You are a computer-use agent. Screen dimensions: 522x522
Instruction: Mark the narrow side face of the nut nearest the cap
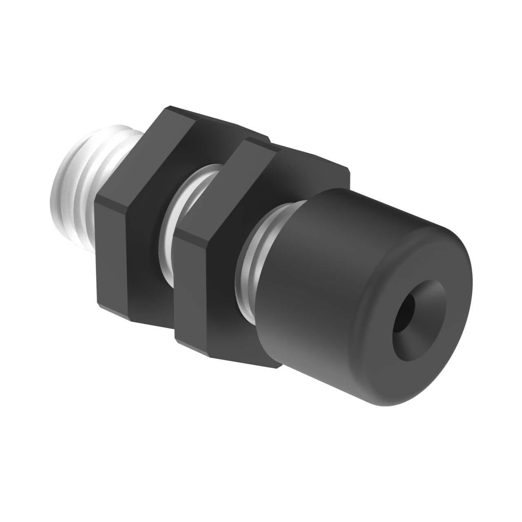194,285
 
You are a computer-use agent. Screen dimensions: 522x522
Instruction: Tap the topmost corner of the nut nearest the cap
245,141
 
